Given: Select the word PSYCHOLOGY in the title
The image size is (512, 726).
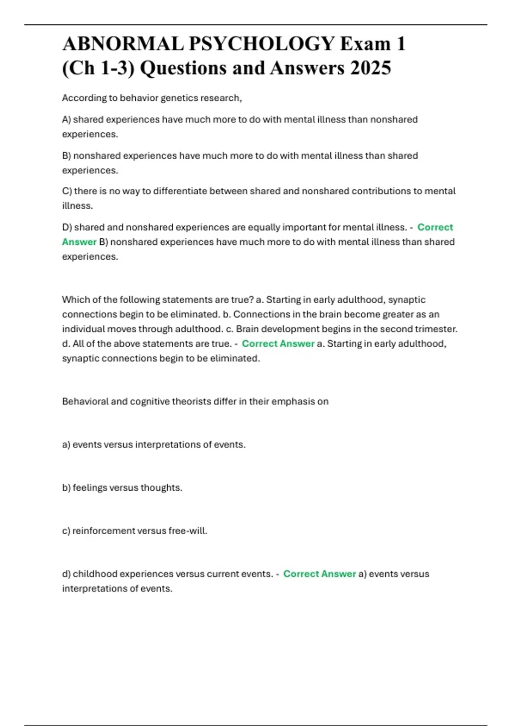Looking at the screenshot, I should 262,44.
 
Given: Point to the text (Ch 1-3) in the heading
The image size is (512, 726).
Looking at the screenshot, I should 98,68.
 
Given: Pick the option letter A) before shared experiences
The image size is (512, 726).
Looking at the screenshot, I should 67,120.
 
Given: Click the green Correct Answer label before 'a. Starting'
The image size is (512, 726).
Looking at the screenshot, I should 278,344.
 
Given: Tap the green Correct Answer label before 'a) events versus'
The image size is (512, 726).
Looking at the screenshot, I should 320,574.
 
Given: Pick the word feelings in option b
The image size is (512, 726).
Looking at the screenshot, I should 90,488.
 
